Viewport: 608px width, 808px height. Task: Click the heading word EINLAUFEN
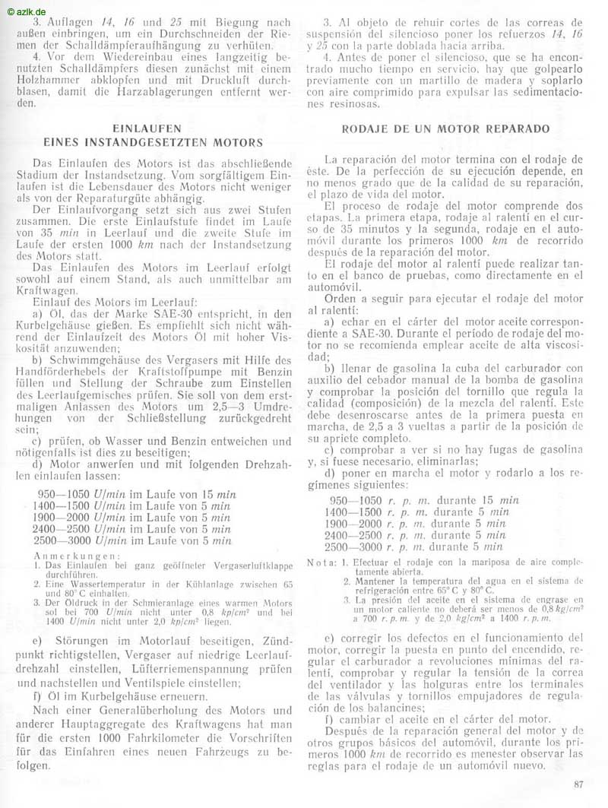(x=146, y=128)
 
